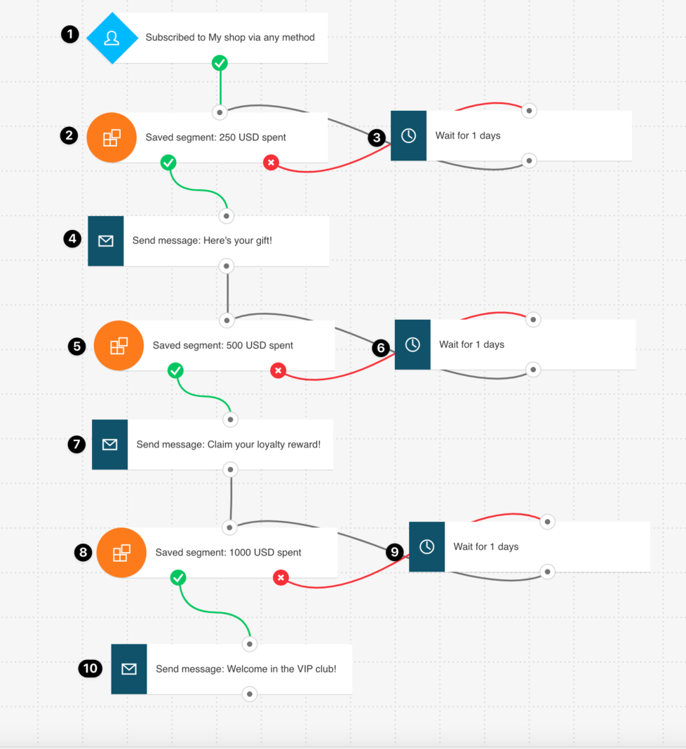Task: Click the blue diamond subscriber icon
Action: [x=112, y=38]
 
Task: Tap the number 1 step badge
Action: [x=69, y=34]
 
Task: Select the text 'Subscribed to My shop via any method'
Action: [x=230, y=38]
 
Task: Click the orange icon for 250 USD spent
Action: [x=112, y=137]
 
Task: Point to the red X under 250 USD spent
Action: [x=271, y=163]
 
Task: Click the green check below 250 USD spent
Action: [x=168, y=163]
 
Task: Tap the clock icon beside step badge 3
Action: [x=408, y=136]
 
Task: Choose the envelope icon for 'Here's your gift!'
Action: [x=106, y=241]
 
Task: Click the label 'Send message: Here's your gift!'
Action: [x=202, y=241]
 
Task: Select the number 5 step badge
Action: [x=77, y=346]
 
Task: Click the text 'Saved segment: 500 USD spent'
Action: [x=223, y=346]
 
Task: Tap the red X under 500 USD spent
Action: [x=278, y=370]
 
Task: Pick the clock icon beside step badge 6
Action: [x=412, y=344]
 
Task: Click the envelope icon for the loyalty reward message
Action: [x=110, y=445]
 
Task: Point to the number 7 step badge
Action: [x=76, y=444]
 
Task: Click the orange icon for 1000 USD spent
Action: [x=121, y=553]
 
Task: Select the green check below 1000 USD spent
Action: [x=178, y=577]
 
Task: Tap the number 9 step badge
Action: [x=395, y=552]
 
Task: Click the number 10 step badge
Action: [x=90, y=668]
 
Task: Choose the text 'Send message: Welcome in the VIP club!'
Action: [x=246, y=669]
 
